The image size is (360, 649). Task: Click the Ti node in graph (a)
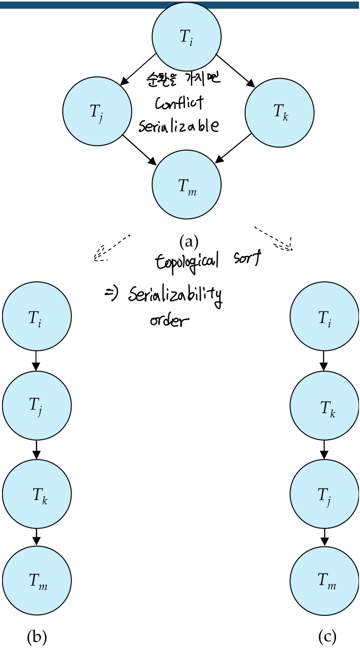(x=186, y=37)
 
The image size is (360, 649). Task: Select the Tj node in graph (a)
(x=97, y=111)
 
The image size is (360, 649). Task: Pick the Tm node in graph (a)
(x=186, y=184)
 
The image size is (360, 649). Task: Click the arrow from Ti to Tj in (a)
(x=138, y=68)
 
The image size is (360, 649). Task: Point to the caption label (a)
(x=188, y=240)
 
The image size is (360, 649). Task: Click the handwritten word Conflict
(x=179, y=103)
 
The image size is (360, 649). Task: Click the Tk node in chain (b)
(x=37, y=494)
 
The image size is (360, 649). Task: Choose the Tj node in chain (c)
(x=324, y=494)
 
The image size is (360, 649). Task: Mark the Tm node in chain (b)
(x=37, y=581)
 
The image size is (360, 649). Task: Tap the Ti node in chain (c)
(x=324, y=317)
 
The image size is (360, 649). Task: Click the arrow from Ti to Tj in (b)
(x=36, y=360)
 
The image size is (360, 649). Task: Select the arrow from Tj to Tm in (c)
(x=324, y=537)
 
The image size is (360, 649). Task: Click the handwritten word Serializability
(x=175, y=296)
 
